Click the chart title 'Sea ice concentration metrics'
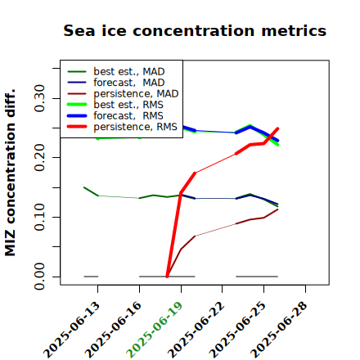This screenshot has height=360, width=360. pos(195,30)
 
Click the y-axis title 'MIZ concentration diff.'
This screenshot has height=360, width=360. pos(11,173)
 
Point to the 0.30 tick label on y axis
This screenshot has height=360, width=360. pos(39,98)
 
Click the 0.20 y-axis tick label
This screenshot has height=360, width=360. pos(39,157)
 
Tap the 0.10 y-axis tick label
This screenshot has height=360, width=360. pos(39,217)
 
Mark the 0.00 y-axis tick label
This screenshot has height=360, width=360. pos(39,277)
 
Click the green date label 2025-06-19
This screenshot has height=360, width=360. pos(154,330)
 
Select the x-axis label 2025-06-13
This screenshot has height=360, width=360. pos(71,330)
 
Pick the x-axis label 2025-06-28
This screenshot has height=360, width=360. pos(278,330)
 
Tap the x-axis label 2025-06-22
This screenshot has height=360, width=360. pos(196,330)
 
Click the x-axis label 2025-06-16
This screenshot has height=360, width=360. pos(113,330)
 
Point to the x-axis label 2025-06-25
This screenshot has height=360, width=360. pos(237,330)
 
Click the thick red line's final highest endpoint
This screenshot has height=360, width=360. pos(277,128)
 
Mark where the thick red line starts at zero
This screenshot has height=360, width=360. pos(167,277)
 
